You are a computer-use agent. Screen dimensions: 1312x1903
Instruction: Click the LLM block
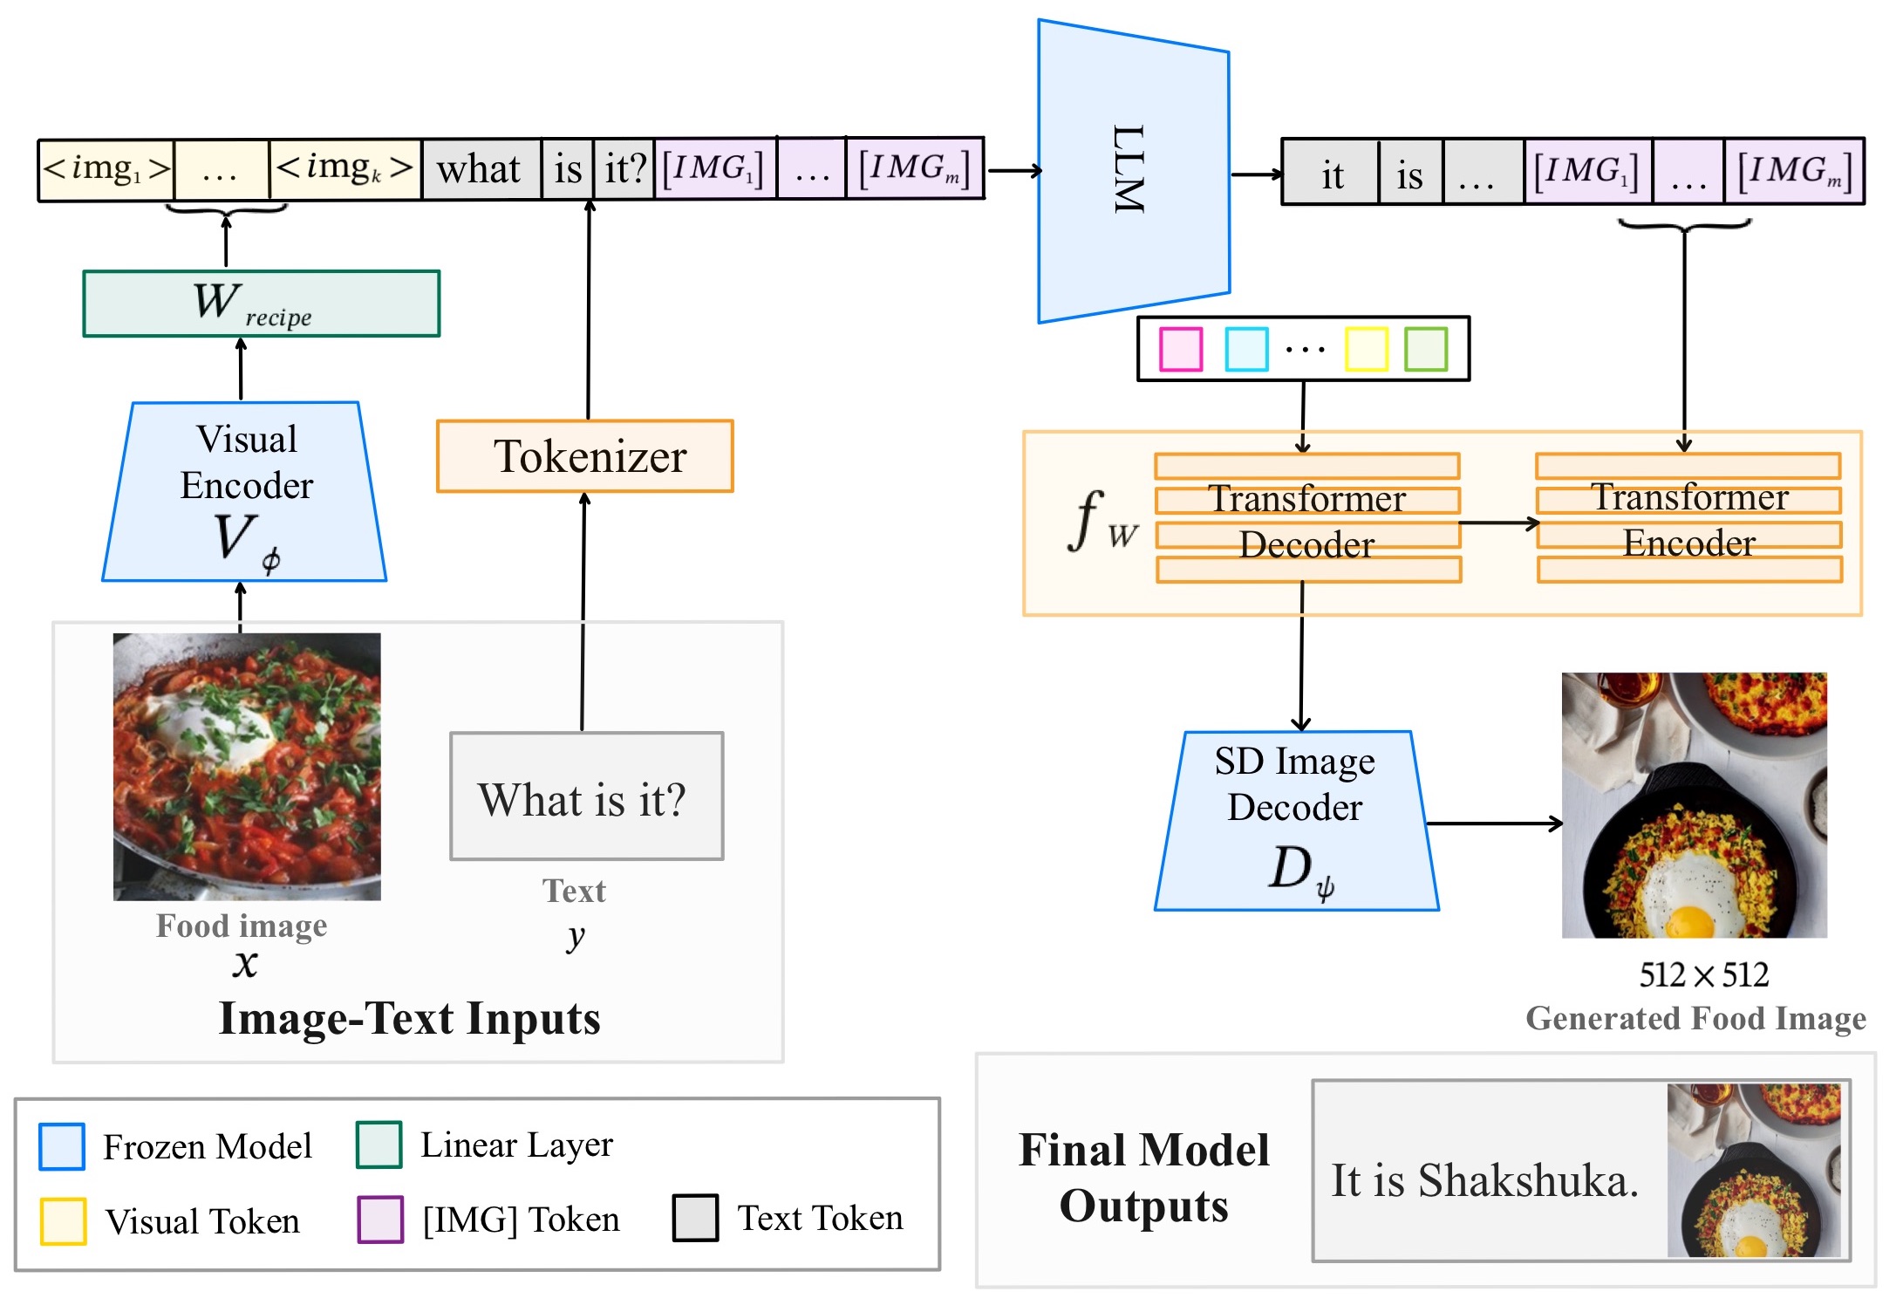tap(1132, 171)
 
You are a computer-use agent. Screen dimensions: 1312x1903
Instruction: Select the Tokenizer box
tap(585, 457)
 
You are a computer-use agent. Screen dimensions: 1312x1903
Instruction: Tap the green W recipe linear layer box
tap(262, 304)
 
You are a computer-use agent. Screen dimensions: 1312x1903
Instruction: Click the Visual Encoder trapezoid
tap(245, 492)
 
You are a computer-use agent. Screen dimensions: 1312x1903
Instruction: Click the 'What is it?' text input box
tap(586, 796)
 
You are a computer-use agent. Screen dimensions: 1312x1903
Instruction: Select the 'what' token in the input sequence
tap(480, 169)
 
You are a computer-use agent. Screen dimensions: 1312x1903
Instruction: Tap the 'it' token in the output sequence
tap(1331, 174)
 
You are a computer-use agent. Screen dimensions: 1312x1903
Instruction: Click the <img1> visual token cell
tap(106, 169)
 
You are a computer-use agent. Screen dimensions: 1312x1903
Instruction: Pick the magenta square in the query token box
tap(1181, 349)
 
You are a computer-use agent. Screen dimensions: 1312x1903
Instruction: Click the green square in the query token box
tap(1426, 349)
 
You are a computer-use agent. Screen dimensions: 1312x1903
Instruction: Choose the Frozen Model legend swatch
tap(62, 1146)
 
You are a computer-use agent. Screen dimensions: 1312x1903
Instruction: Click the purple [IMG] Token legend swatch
tap(380, 1219)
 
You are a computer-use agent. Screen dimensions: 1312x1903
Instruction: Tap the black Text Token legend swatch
tap(695, 1218)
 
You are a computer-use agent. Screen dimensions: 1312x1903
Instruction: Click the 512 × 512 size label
tap(1703, 974)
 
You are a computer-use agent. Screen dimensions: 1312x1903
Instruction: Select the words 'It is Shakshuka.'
tap(1484, 1180)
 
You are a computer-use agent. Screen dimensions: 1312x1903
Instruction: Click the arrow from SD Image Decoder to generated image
tap(1493, 823)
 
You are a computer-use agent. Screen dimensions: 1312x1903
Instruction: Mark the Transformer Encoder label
tap(1689, 520)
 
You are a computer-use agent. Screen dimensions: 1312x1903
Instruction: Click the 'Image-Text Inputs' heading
tap(409, 1018)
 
